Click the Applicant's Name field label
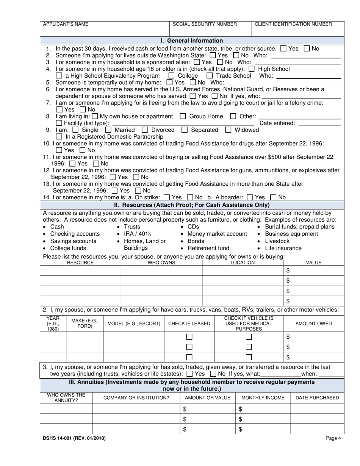pyautogui.click(x=66, y=24)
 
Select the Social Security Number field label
pyautogui.click(x=205, y=24)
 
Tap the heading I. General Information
pyautogui.click(x=192, y=41)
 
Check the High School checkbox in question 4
pyautogui.click(x=252, y=69)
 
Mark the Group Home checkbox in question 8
pyautogui.click(x=183, y=116)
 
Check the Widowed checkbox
pyautogui.click(x=228, y=130)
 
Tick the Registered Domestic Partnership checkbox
pyautogui.click(x=59, y=136)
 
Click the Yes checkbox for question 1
pyautogui.click(x=283, y=48)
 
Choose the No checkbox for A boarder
pyautogui.click(x=273, y=197)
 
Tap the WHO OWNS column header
pyautogui.click(x=161, y=263)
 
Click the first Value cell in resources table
pyautogui.click(x=314, y=271)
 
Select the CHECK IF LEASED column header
pyautogui.click(x=189, y=324)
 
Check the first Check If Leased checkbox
pyautogui.click(x=189, y=337)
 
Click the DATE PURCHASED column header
pyautogui.click(x=317, y=398)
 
